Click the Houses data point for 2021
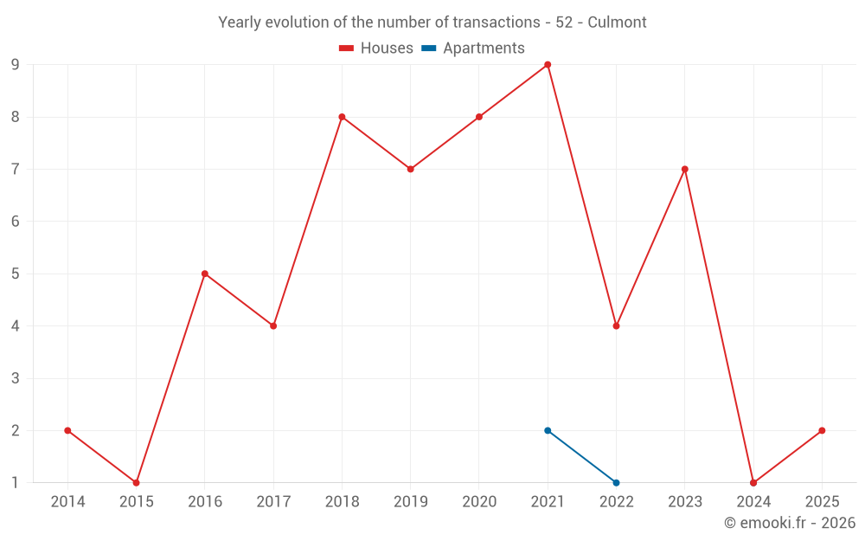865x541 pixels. pos(548,65)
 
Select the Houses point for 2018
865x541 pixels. pos(342,117)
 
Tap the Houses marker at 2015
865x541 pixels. pos(136,482)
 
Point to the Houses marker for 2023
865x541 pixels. pos(684,169)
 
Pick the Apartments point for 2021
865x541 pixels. pos(548,430)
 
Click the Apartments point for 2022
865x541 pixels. pos(616,482)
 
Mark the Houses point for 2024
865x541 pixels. pos(753,482)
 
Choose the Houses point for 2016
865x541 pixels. pos(205,274)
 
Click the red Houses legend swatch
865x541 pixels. pos(346,48)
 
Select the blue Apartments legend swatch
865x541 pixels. pos(428,48)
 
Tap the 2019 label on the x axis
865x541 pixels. pos(410,502)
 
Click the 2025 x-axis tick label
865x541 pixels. pos(822,502)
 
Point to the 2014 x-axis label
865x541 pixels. pos(67,502)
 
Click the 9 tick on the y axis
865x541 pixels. pos(16,65)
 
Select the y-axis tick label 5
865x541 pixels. pos(16,274)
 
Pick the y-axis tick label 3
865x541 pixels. pos(16,378)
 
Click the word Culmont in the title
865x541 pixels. pos(617,23)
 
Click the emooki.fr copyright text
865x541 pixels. pos(790,523)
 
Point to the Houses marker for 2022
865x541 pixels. pos(616,325)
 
